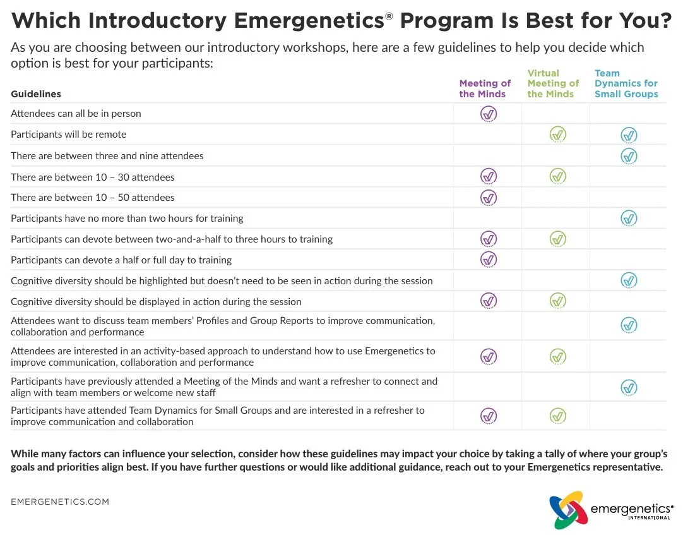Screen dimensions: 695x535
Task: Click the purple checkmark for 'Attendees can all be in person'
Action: point(489,114)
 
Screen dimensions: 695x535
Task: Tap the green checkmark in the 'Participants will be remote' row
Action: point(557,135)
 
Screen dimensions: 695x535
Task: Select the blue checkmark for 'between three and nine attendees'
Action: point(629,156)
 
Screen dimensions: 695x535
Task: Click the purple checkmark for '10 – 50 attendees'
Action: point(489,198)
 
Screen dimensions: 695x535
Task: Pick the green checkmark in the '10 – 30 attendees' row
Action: point(557,176)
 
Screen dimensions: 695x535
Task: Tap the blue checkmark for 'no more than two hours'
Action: point(629,219)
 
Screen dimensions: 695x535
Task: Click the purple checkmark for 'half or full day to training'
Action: point(489,260)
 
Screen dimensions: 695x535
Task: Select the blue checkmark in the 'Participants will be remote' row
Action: point(629,135)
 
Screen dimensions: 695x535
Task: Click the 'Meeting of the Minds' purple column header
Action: point(485,88)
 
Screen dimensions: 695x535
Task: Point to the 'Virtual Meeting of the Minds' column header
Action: point(553,83)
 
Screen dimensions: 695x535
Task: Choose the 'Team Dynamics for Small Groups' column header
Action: point(626,83)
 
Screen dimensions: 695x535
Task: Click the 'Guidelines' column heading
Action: point(36,94)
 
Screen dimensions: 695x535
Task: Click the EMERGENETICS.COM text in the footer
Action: point(60,502)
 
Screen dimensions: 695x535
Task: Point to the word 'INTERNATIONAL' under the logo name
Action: point(649,518)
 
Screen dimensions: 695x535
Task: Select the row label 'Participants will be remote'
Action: point(68,135)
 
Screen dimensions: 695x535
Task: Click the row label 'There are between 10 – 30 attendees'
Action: point(93,177)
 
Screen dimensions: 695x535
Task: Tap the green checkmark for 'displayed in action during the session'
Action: point(557,301)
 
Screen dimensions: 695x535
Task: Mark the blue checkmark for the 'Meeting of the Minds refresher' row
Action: point(629,387)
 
